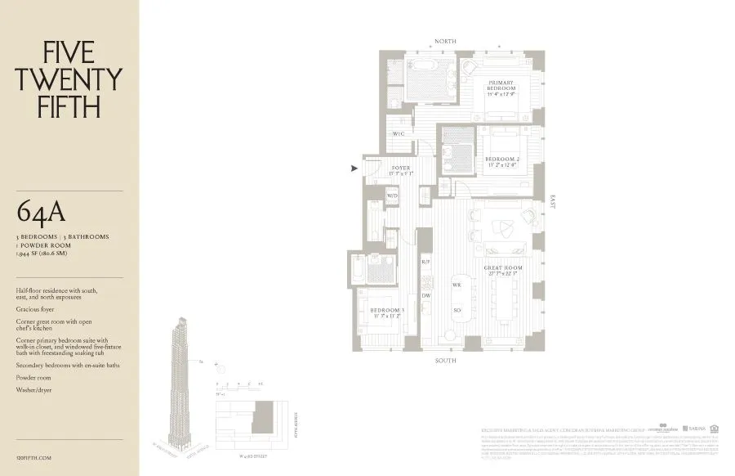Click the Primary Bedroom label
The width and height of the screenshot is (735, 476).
click(x=501, y=87)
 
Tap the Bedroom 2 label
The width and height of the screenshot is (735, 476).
click(x=502, y=162)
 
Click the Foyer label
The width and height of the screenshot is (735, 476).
click(x=400, y=170)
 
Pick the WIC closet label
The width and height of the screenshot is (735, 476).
click(x=399, y=133)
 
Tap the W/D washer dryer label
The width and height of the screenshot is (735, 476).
click(x=392, y=195)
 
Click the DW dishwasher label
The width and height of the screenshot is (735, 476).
click(x=425, y=295)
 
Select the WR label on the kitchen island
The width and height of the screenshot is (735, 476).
click(x=457, y=285)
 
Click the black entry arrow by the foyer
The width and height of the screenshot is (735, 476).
click(x=354, y=168)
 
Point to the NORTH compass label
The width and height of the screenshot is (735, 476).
click(x=446, y=41)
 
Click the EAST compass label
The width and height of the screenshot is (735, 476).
click(x=553, y=201)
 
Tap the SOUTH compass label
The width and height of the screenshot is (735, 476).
click(x=446, y=361)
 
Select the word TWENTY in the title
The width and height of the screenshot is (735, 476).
click(x=69, y=79)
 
